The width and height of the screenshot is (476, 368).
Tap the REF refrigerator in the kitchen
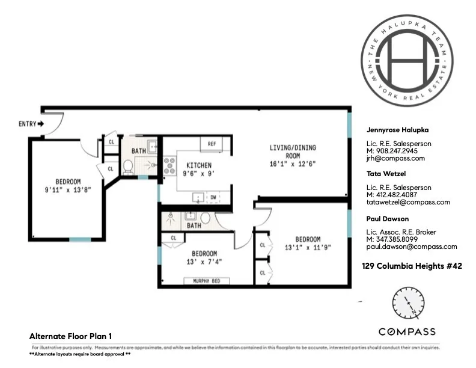(x=212, y=144)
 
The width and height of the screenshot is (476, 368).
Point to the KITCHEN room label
(x=198, y=165)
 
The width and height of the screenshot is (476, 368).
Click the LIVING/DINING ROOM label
(x=292, y=152)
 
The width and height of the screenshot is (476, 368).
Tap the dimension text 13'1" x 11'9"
(x=307, y=247)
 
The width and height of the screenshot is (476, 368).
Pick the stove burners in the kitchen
(x=168, y=165)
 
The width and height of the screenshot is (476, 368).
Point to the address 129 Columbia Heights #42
(x=412, y=265)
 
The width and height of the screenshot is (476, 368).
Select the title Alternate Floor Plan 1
(x=71, y=336)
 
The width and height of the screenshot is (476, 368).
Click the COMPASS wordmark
(x=407, y=332)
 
